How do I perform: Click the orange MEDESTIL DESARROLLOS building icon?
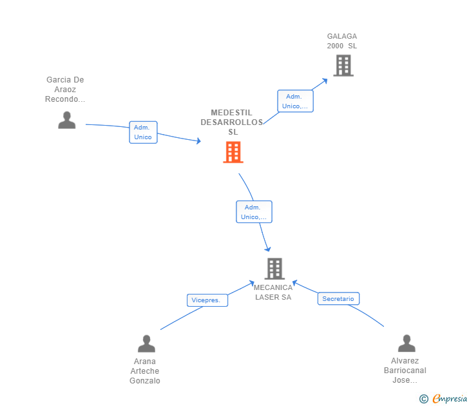(x=233, y=152)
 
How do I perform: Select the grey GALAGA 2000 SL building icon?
(x=343, y=65)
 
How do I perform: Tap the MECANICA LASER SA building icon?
(x=274, y=268)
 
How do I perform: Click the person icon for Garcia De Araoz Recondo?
(x=66, y=120)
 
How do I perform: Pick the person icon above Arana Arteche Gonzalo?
(x=146, y=343)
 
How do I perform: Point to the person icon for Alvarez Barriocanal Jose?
(x=407, y=343)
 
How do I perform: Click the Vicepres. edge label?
(x=207, y=300)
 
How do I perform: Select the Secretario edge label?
(x=338, y=298)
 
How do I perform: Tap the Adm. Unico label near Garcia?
(x=143, y=132)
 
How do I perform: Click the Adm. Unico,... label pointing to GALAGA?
(x=295, y=101)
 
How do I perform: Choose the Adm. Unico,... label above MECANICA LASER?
(x=254, y=212)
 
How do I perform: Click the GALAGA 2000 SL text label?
(x=341, y=41)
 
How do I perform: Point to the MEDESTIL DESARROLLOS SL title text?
(x=233, y=122)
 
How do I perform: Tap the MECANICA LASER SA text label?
(x=273, y=293)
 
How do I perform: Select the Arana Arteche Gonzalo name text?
(x=145, y=371)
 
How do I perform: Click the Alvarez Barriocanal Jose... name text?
(x=405, y=371)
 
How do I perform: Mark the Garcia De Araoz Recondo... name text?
(x=65, y=90)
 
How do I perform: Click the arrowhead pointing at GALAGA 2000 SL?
(x=325, y=80)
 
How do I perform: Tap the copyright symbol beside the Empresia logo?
(x=423, y=399)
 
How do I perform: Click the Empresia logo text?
(x=450, y=399)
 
